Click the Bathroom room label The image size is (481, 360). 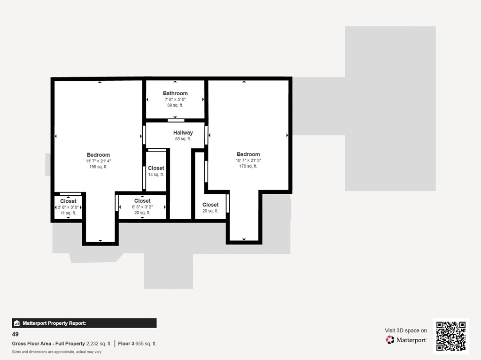pyautogui.click(x=175, y=93)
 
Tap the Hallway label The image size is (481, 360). pyautogui.click(x=183, y=133)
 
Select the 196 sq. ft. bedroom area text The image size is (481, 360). pyautogui.click(x=98, y=167)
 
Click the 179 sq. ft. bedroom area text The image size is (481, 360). pyautogui.click(x=248, y=166)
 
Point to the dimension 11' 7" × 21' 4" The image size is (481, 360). pyautogui.click(x=98, y=161)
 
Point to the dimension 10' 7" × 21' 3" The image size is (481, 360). pyautogui.click(x=248, y=161)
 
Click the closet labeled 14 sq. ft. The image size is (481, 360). pyautogui.click(x=156, y=171)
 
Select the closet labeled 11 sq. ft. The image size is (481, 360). pyautogui.click(x=68, y=207)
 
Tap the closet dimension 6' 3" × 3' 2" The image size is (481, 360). pyautogui.click(x=142, y=207)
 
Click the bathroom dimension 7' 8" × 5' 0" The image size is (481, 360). pyautogui.click(x=175, y=100)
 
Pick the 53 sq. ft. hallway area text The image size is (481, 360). pyautogui.click(x=183, y=139)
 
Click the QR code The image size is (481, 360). pyautogui.click(x=450, y=336)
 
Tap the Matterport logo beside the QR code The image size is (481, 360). pyautogui.click(x=406, y=340)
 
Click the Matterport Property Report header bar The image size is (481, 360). pyautogui.click(x=84, y=323)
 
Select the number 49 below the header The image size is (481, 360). pyautogui.click(x=16, y=335)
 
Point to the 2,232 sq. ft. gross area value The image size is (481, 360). pyautogui.click(x=99, y=344)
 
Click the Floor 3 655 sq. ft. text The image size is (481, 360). pyautogui.click(x=137, y=344)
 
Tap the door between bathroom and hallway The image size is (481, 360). pyautogui.click(x=176, y=121)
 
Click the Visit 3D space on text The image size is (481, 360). pyautogui.click(x=406, y=330)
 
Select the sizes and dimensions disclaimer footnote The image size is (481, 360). pyautogui.click(x=57, y=352)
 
